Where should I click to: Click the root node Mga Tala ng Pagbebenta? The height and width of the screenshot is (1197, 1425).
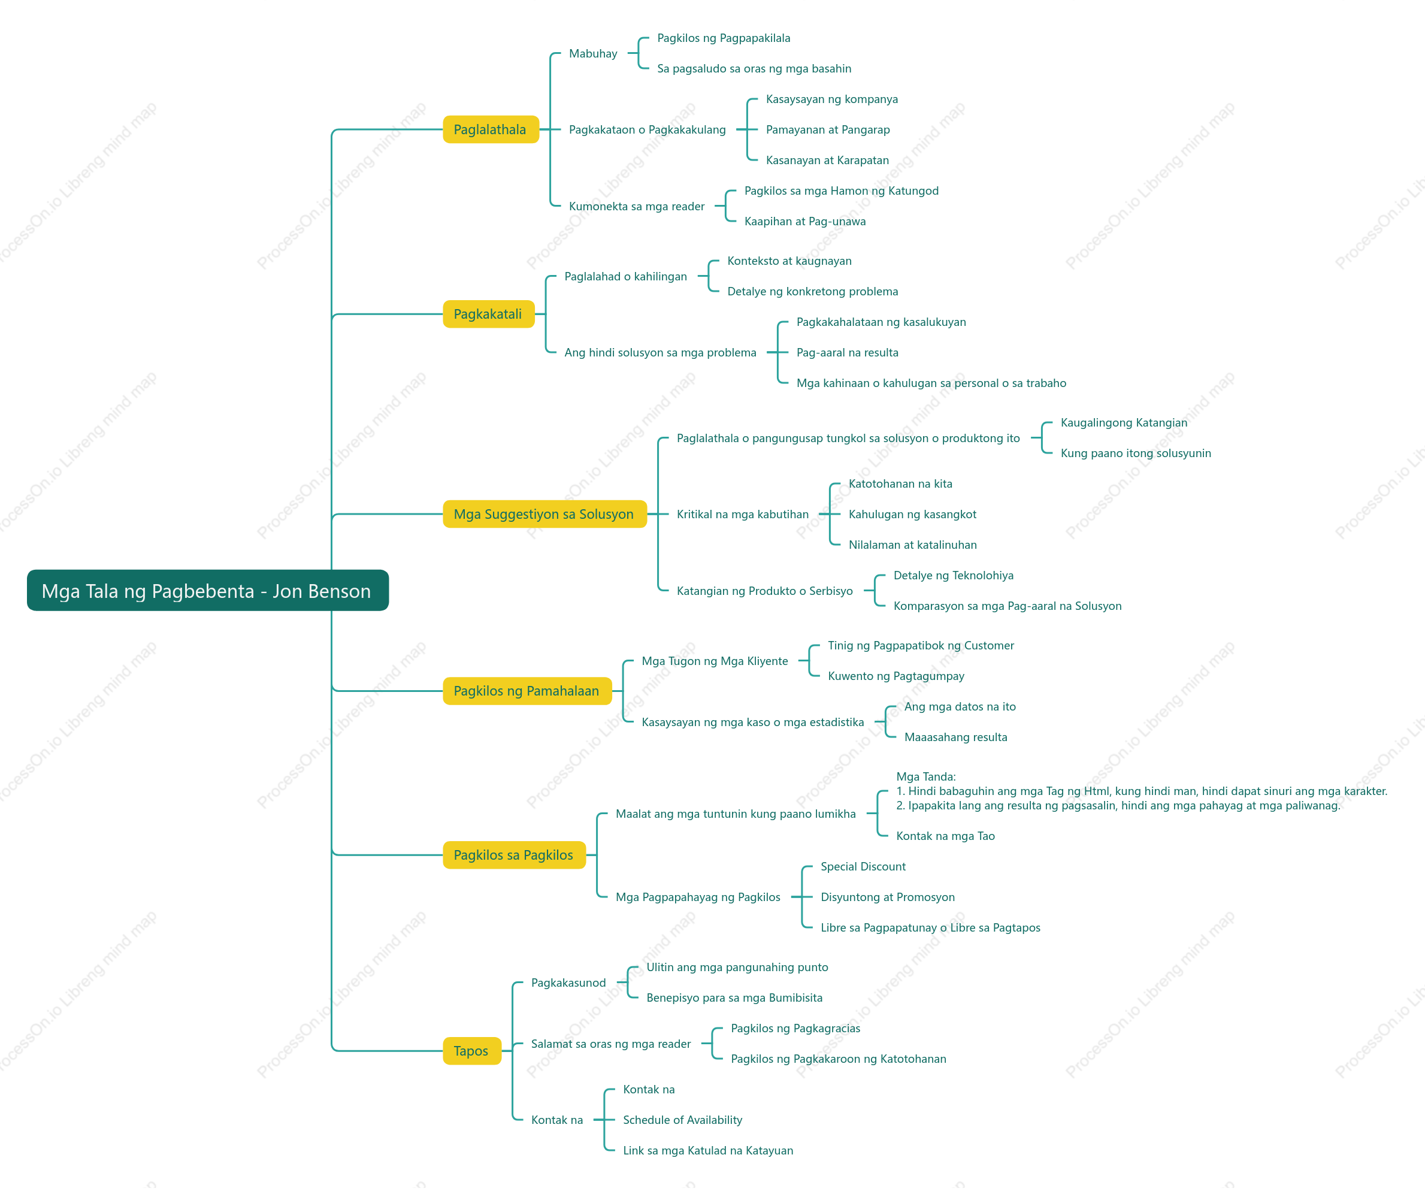click(x=208, y=590)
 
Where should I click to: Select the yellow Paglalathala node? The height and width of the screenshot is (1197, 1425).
click(x=491, y=129)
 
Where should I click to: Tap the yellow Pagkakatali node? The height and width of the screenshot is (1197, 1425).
click(x=489, y=314)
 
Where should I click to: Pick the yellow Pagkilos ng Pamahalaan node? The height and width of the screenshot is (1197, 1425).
click(x=527, y=691)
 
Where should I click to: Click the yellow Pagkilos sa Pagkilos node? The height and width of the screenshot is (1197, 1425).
click(x=514, y=855)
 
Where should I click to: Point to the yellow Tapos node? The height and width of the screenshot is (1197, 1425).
click(x=471, y=1051)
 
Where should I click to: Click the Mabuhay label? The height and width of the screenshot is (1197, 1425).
click(x=593, y=53)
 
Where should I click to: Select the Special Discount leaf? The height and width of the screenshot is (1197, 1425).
click(x=863, y=866)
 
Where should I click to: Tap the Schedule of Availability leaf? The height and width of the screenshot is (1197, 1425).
click(x=683, y=1120)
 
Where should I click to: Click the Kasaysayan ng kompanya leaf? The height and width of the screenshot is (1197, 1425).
click(x=832, y=99)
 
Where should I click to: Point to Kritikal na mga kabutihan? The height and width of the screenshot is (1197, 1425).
click(x=743, y=515)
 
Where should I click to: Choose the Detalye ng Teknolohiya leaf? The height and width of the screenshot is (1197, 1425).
click(x=954, y=575)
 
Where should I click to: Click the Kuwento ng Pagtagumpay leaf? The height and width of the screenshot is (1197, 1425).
click(x=895, y=676)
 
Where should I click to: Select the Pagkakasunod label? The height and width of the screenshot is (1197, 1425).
click(x=568, y=983)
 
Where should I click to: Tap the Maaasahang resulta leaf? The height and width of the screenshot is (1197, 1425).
click(x=955, y=737)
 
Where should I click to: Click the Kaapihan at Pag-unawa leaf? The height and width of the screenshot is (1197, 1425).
click(x=805, y=221)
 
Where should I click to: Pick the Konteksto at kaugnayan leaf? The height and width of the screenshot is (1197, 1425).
click(x=789, y=261)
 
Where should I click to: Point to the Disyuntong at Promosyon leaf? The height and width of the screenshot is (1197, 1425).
click(x=888, y=897)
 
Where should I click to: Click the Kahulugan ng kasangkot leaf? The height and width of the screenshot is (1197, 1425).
click(x=913, y=515)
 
